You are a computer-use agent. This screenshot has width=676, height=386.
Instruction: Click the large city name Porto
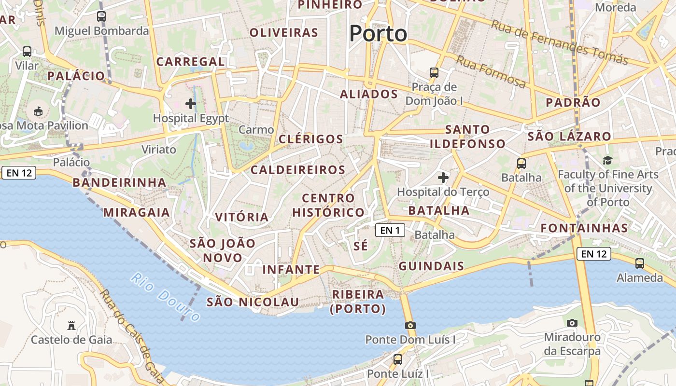(378, 33)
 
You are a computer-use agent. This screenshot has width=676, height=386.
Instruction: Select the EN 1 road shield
(390, 230)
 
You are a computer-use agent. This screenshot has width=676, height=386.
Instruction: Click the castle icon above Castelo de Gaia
(71, 326)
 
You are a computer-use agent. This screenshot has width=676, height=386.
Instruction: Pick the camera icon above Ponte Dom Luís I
(410, 325)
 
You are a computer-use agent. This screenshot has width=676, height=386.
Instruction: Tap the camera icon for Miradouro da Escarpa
(572, 323)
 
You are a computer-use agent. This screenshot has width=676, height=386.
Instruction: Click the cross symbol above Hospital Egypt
(191, 104)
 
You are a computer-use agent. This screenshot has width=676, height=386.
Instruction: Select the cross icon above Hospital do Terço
(443, 178)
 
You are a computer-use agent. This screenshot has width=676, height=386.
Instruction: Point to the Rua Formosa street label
(491, 71)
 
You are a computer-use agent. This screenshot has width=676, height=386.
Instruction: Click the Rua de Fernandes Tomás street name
(560, 42)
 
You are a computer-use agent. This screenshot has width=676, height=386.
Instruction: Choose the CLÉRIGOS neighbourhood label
(311, 139)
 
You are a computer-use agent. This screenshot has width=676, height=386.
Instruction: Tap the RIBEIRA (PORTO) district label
(358, 302)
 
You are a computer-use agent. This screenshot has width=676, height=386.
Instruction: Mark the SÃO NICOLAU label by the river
(253, 302)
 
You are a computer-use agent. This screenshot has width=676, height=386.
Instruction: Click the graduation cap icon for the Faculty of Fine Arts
(607, 160)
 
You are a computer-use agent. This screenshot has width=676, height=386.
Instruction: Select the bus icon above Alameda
(640, 263)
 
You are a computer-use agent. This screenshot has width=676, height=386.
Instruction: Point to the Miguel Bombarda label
(101, 31)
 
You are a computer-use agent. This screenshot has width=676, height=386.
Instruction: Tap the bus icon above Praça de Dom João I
(434, 73)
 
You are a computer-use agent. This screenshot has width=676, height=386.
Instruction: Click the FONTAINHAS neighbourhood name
(584, 228)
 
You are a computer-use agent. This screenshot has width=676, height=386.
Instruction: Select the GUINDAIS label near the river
(431, 266)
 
